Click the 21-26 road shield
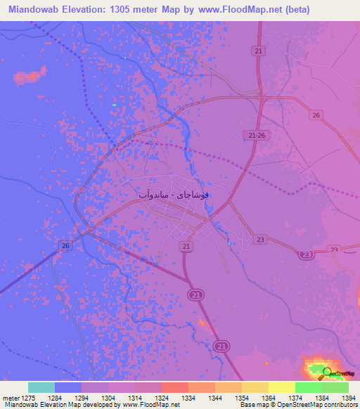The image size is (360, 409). coord(257,135)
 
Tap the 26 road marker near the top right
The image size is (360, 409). coord(316,115)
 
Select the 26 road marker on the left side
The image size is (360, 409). coord(65,245)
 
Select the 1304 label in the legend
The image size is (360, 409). coord(108,398)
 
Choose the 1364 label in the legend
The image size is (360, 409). coord(269,398)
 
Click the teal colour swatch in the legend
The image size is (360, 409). coord(41,387)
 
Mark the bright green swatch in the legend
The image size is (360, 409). coord(308,387)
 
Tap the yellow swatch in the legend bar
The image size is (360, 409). coord(281,387)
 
